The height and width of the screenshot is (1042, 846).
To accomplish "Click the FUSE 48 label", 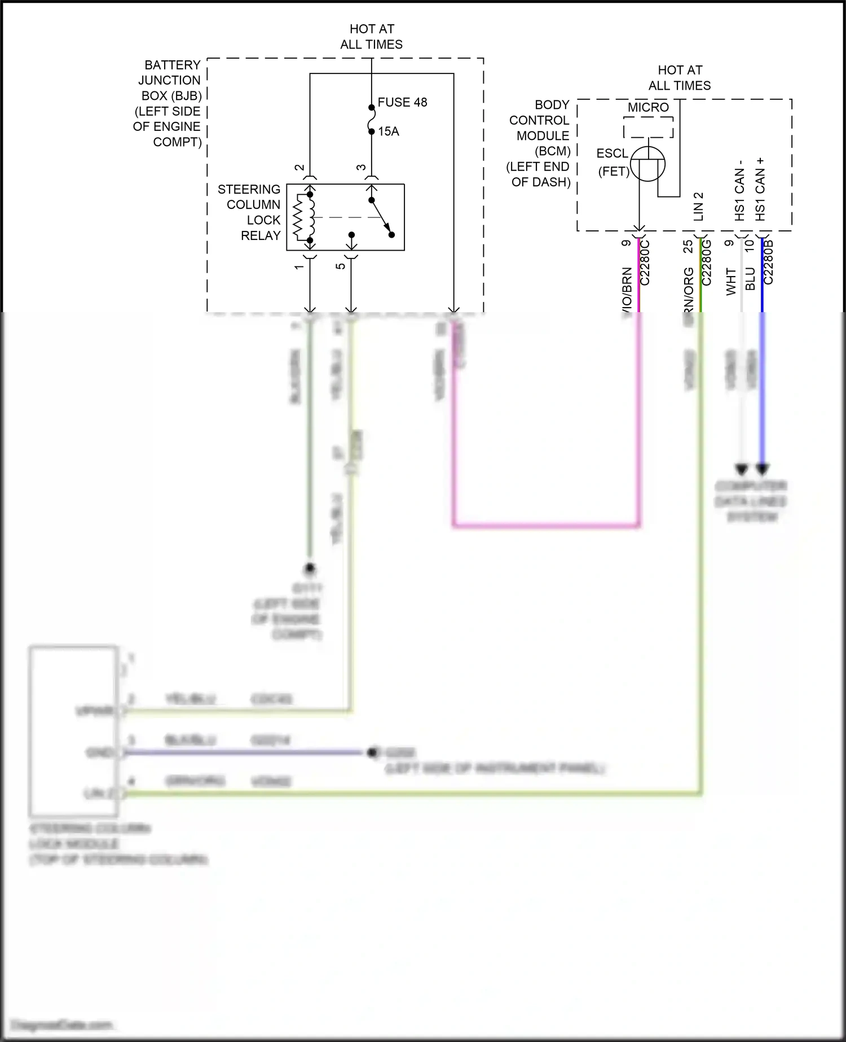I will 402,103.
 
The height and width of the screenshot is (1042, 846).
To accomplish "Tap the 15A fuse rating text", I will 388,132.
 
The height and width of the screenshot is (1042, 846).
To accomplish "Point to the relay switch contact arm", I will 381,217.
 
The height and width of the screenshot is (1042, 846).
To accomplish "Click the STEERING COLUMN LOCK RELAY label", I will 249,212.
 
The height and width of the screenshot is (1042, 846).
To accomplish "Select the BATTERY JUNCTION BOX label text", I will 168,103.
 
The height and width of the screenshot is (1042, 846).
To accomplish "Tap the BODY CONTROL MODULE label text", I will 539,143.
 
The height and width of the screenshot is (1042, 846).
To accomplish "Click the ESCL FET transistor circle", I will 647,164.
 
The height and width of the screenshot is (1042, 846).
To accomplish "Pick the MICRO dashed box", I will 649,128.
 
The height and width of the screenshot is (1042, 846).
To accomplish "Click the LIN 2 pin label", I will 698,206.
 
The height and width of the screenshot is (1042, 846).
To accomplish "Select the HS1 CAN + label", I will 760,189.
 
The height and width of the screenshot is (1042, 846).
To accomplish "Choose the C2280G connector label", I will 707,262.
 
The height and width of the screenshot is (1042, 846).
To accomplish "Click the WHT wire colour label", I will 731,281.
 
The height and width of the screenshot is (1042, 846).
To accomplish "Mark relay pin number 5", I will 341,266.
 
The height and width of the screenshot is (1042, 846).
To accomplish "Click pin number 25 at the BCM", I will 688,247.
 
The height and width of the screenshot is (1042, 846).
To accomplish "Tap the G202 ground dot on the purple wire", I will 372,752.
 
